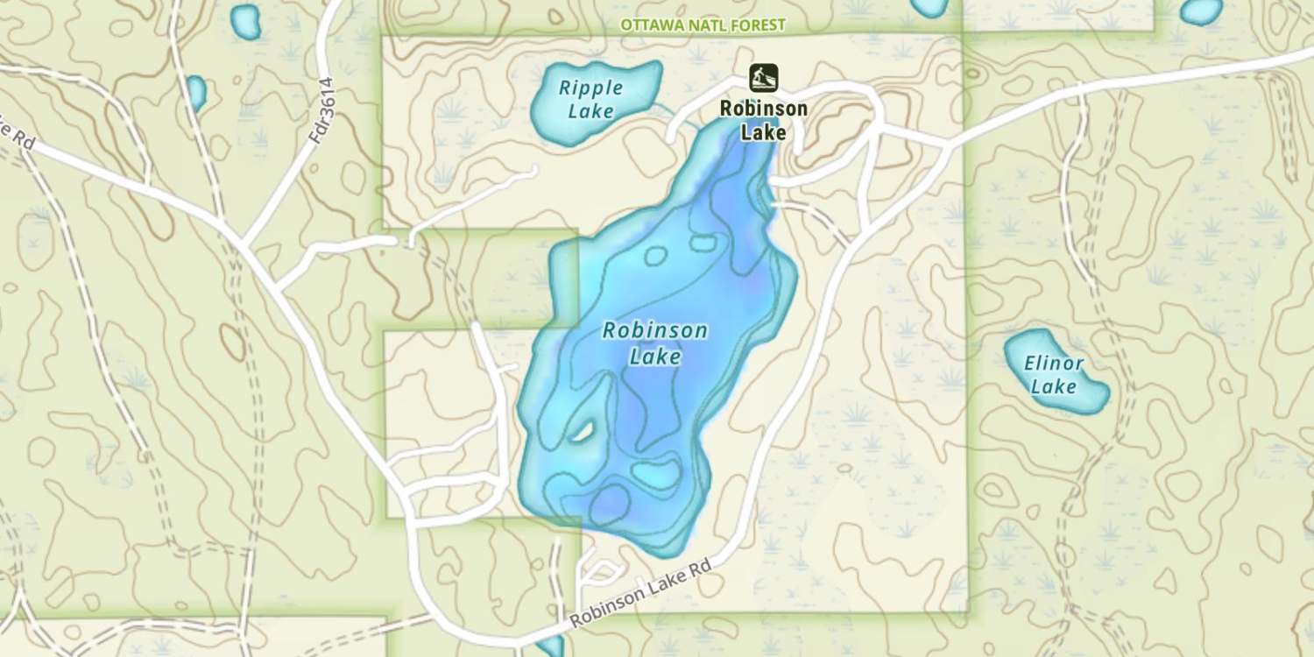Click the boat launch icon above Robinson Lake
(763, 78)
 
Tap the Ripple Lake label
(590, 99)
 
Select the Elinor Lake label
(1055, 374)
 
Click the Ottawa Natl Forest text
(703, 25)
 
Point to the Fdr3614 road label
(323, 110)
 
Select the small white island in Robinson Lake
(582, 431)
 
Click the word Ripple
(591, 88)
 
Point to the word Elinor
(1056, 364)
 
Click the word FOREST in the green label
(756, 25)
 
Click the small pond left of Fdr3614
(195, 92)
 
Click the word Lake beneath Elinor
(1054, 386)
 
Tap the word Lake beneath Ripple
(590, 111)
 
